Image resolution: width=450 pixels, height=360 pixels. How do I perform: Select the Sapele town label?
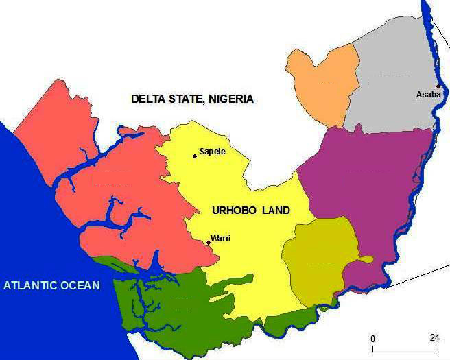(x=212, y=152)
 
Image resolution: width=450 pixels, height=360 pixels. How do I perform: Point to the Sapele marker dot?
(x=195, y=156)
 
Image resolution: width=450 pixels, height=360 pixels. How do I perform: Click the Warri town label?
(x=220, y=238)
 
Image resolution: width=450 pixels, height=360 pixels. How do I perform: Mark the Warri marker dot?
(x=208, y=242)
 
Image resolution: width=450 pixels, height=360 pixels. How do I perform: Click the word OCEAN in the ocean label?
(x=82, y=285)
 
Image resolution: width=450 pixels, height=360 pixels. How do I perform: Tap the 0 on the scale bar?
(x=372, y=338)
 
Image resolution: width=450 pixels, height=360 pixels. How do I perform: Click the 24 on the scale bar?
(x=435, y=338)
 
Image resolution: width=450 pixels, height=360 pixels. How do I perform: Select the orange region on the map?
(x=322, y=86)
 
